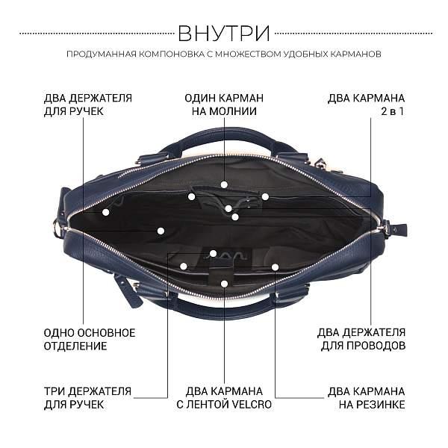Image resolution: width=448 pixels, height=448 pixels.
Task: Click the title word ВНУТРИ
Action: [224, 33]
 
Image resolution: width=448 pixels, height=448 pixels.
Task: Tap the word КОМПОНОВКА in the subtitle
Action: [171, 55]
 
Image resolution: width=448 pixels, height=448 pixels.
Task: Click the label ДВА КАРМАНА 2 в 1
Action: [367, 105]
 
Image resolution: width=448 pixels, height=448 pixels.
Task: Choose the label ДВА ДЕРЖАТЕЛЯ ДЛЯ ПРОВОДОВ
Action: [361, 339]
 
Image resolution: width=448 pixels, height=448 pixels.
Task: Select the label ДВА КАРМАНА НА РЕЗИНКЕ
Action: [367, 397]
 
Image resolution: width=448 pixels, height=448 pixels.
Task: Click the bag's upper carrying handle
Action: [224, 134]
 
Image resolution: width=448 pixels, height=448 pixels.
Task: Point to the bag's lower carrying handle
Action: [224, 310]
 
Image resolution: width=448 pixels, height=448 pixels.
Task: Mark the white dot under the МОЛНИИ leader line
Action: [224, 184]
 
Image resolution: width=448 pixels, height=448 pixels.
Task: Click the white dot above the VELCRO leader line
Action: [224, 283]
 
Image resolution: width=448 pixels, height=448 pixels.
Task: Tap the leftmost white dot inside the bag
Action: [106, 212]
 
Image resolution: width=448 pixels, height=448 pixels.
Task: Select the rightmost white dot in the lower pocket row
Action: [275, 267]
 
